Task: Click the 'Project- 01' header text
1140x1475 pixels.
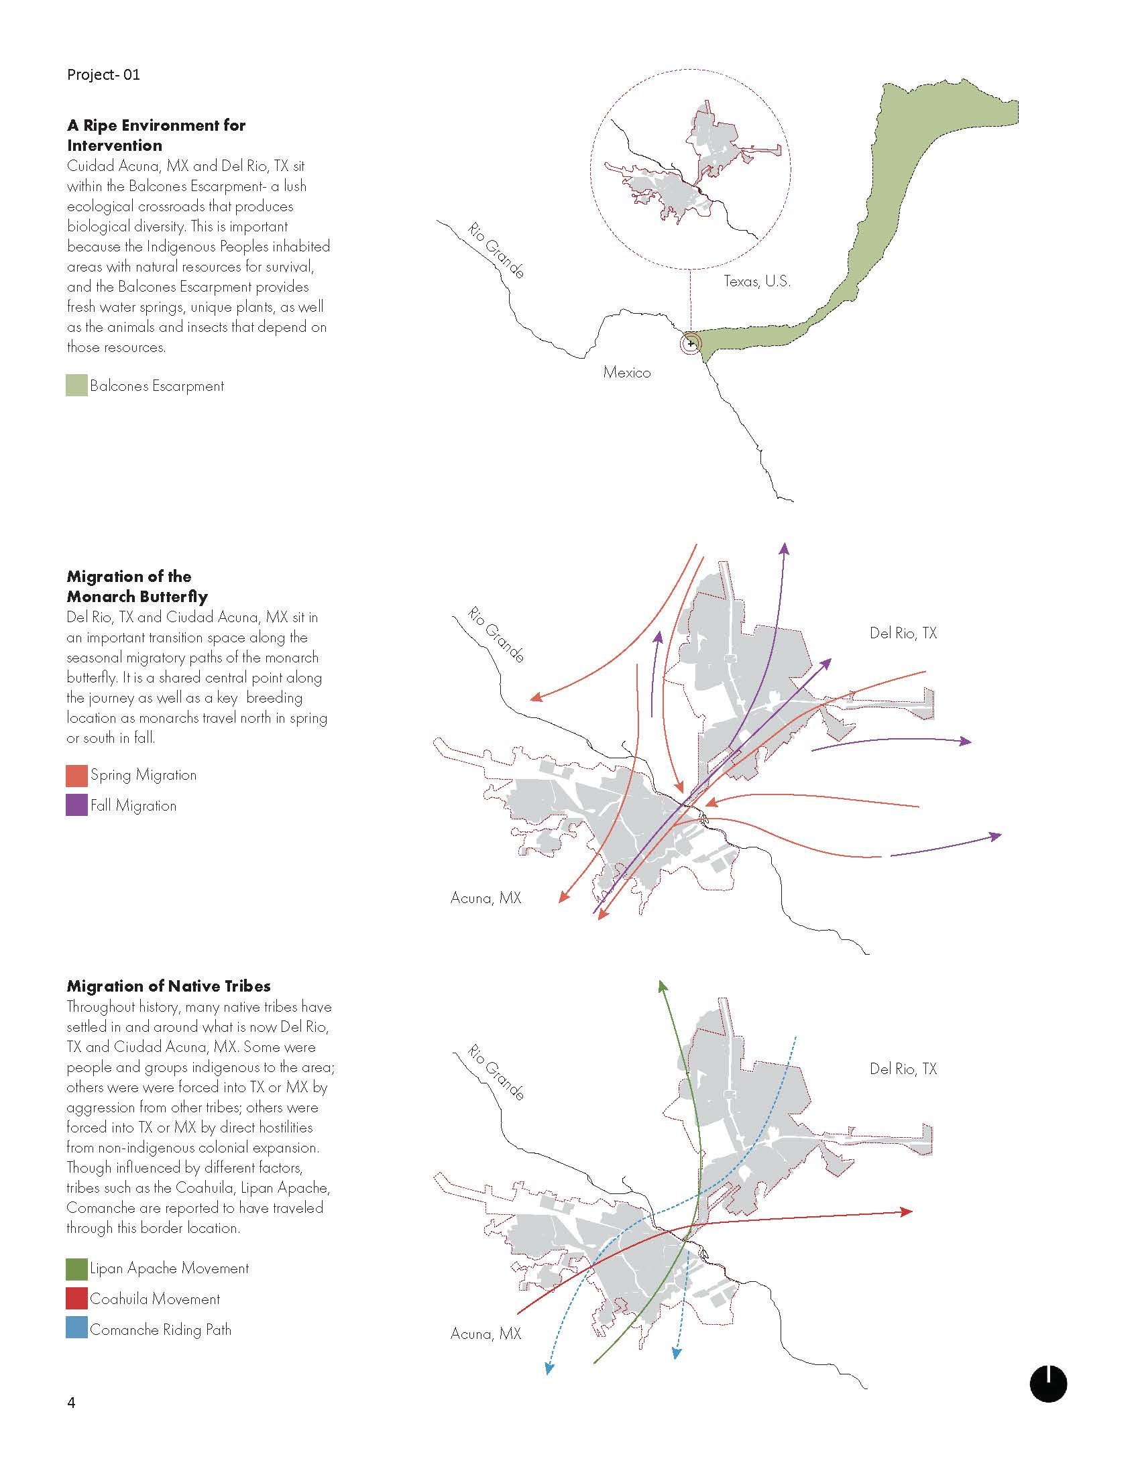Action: coord(103,74)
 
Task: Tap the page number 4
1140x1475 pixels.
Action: coord(71,1403)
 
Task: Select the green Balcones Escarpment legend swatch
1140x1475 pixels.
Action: coord(76,386)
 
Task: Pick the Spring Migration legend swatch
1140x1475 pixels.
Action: coord(76,775)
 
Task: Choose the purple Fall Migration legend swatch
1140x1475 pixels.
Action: coord(76,805)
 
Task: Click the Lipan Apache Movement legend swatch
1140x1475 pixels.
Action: coord(76,1268)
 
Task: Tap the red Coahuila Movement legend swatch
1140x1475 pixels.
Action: coord(76,1299)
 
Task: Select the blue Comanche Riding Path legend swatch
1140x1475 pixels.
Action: coord(76,1329)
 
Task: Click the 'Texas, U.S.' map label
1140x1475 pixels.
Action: coord(756,281)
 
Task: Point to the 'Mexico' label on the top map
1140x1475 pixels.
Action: coord(627,372)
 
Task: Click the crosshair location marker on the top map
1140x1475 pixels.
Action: coord(690,344)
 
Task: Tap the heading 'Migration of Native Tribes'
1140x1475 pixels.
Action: coord(168,986)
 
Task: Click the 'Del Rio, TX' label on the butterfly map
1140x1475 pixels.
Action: coord(903,633)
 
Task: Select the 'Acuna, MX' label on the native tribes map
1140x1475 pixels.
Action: coord(486,1334)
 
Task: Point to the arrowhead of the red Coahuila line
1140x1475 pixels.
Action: coord(907,1212)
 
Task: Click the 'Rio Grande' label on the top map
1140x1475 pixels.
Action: coord(496,251)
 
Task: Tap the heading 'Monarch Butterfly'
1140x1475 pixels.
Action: coord(137,596)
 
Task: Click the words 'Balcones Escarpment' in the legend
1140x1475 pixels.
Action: coord(157,386)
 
